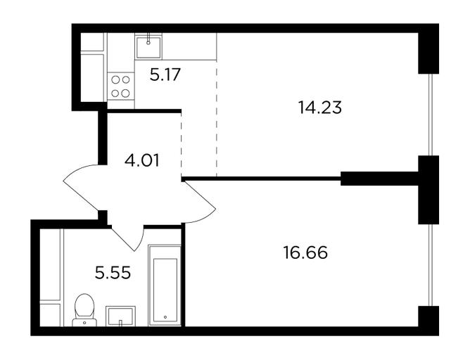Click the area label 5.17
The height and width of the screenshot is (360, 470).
tap(165, 75)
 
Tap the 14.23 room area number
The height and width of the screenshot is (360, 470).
tap(320, 108)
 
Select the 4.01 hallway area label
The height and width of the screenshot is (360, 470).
tap(142, 160)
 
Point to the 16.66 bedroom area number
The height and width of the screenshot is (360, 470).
tap(305, 252)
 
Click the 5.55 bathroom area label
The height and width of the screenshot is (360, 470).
tap(113, 273)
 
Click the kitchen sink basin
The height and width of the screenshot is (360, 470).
tap(148, 46)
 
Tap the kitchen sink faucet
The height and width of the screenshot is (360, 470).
tap(148, 39)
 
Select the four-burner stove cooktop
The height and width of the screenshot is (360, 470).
tap(120, 86)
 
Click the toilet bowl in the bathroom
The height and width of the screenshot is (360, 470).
tap(84, 307)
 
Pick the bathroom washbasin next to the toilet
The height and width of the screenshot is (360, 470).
tap(120, 316)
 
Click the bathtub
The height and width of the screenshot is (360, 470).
tap(165, 285)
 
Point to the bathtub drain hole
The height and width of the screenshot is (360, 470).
tap(165, 317)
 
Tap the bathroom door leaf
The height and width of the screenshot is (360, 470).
tap(123, 239)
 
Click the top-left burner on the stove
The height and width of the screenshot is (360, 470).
tap(115, 79)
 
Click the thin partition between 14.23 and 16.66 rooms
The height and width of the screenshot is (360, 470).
tap(261, 179)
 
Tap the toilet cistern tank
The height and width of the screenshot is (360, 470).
tap(84, 323)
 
